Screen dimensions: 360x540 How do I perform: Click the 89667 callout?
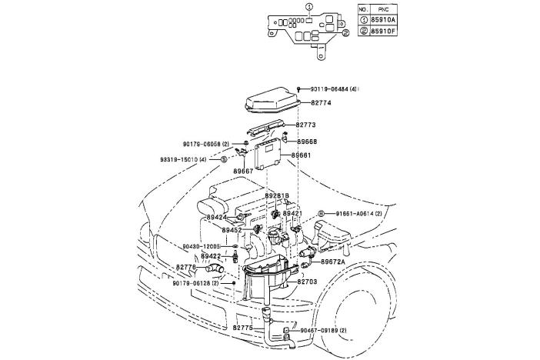[244, 171]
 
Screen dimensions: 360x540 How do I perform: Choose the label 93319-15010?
[183, 159]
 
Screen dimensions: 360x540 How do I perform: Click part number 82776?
[186, 267]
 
